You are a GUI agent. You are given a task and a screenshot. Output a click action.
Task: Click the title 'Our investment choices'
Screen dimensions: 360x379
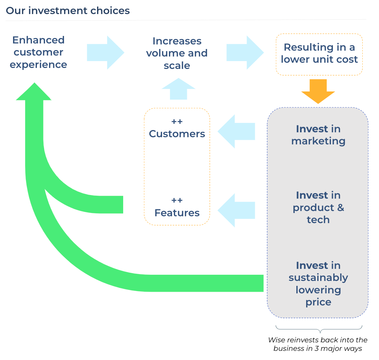[x=68, y=10]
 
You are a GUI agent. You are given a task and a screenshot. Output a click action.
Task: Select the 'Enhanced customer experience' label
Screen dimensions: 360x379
[x=38, y=52]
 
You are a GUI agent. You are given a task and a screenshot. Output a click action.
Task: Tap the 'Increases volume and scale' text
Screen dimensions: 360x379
[x=177, y=53]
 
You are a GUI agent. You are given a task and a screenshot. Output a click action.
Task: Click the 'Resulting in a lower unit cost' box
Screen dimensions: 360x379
[x=319, y=54]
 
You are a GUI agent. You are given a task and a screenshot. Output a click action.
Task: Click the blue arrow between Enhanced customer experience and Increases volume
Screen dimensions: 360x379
[x=105, y=53]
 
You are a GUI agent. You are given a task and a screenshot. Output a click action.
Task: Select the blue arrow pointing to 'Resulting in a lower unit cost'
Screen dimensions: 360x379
[x=245, y=53]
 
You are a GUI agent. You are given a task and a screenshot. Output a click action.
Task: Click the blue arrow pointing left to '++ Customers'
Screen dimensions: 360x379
[x=236, y=131]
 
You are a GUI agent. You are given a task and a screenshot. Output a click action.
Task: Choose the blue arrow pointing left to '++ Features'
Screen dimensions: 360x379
[x=236, y=210]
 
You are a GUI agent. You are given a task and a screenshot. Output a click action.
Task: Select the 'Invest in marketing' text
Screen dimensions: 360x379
[x=318, y=135]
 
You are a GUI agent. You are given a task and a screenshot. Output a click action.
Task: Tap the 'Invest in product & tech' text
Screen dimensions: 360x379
[x=318, y=207]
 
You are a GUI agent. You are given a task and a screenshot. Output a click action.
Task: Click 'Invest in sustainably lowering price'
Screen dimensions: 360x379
[x=318, y=284]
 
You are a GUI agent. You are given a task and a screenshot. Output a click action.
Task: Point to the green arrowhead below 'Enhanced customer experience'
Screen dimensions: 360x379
[x=34, y=92]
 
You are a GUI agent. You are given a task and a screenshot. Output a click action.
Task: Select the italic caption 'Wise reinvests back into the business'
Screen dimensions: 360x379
[x=318, y=344]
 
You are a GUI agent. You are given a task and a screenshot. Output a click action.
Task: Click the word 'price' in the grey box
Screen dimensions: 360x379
[x=318, y=302]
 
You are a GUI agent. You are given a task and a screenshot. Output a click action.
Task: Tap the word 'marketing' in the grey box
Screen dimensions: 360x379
[x=318, y=141]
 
